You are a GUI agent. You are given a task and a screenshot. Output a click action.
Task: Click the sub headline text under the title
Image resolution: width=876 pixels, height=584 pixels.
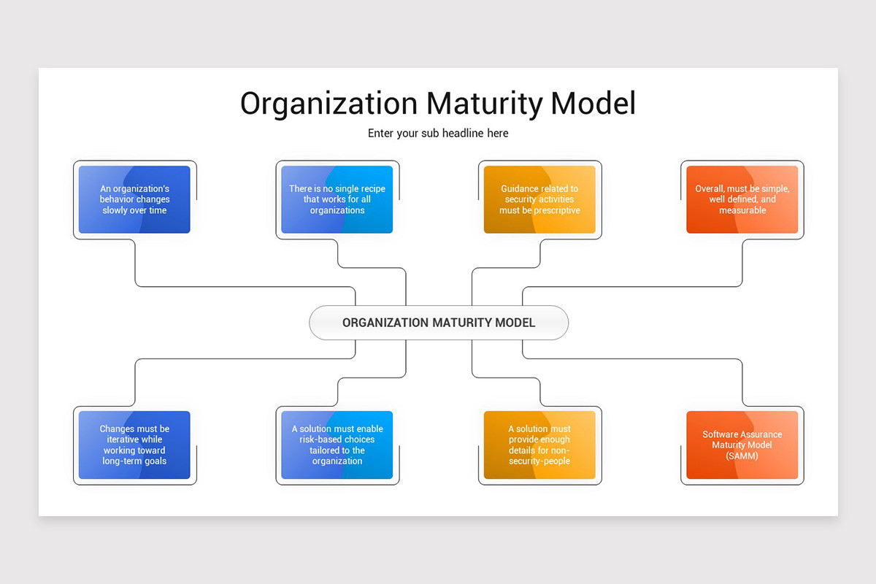pos(438,134)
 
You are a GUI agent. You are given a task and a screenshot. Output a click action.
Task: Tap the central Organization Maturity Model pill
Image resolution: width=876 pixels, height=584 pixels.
pos(438,323)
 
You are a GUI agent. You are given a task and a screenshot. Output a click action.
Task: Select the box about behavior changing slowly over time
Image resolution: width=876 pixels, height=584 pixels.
pos(134,199)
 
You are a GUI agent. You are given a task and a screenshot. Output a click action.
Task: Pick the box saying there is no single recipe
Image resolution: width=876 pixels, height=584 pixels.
pos(337,199)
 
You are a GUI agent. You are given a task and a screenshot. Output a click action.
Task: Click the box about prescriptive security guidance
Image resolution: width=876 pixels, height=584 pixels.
pos(539,199)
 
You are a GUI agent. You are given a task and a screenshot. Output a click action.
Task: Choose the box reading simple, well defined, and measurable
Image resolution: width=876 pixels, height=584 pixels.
pos(742,199)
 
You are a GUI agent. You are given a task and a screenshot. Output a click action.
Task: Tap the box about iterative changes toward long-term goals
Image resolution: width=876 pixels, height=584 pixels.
pos(134,445)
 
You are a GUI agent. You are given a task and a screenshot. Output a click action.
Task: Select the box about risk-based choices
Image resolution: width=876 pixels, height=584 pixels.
pos(337,445)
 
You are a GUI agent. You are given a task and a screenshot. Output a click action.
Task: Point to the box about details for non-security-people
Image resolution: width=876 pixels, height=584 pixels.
pos(539,445)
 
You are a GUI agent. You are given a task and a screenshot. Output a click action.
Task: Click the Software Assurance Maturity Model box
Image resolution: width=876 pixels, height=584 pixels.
pos(742,445)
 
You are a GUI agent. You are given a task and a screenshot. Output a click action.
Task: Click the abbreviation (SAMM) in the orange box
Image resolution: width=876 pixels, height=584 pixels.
pos(742,456)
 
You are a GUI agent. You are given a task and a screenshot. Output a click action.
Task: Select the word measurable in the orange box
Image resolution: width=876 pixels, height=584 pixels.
pos(742,210)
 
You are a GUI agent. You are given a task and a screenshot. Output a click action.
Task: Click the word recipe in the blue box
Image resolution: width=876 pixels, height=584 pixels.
pos(369,188)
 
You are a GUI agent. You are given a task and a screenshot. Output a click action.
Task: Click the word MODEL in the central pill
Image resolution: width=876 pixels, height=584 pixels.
pos(514,323)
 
